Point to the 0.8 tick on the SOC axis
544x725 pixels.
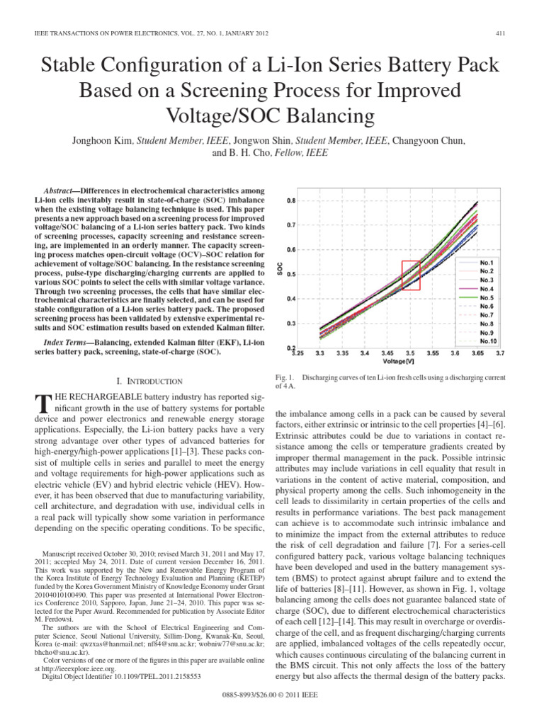tap(291, 201)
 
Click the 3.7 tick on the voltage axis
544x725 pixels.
tap(500, 353)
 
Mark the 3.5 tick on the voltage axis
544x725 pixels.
tap(409, 353)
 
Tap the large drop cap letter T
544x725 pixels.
tap(42, 404)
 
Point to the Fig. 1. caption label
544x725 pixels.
tap(283, 377)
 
